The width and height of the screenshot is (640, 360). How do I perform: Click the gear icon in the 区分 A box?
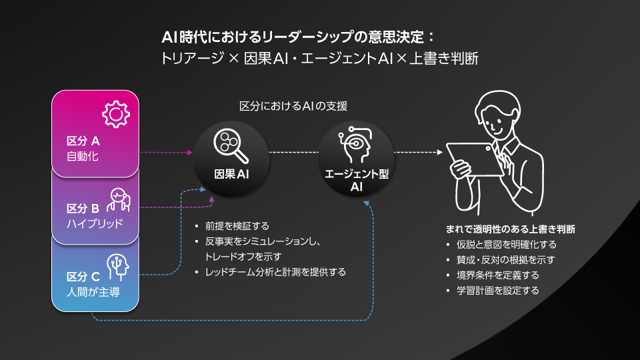[115, 114]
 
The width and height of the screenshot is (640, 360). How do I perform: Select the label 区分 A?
[83, 141]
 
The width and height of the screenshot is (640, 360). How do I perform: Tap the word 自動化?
[82, 157]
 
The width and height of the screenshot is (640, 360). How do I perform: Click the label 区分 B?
[83, 207]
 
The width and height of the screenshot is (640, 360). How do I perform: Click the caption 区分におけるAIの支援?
[293, 105]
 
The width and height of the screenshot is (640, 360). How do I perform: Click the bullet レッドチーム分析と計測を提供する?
[275, 272]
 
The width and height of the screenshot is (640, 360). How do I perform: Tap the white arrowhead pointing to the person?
[439, 152]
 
